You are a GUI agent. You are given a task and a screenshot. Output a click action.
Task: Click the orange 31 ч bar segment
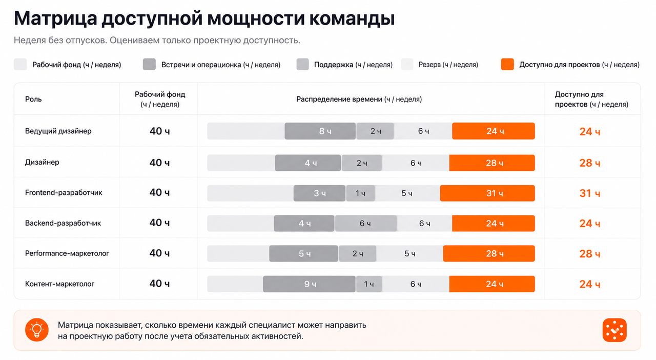tap(487, 193)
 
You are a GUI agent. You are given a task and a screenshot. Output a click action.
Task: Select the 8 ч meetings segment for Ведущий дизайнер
tap(320, 131)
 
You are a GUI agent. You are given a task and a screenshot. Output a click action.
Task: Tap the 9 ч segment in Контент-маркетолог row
tap(309, 284)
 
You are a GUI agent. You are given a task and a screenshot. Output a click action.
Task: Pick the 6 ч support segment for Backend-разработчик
tap(366, 224)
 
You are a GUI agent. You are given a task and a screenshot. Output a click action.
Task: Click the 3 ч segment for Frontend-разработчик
tap(319, 193)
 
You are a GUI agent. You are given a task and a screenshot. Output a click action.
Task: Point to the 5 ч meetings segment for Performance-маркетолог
tap(304, 253)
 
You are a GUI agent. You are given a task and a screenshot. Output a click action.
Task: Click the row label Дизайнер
tap(42, 162)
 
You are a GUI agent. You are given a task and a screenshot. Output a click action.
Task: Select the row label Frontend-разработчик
tap(64, 193)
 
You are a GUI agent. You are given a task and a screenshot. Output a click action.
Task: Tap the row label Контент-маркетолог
tap(60, 284)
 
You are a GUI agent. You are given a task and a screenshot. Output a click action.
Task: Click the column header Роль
tap(33, 99)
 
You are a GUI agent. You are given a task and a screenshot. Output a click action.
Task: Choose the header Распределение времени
tap(339, 99)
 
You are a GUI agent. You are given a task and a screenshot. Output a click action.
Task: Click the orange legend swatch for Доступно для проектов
tap(507, 65)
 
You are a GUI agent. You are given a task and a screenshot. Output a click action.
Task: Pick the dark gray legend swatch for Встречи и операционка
tap(149, 65)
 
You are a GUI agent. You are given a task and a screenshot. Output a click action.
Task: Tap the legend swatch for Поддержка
tap(302, 65)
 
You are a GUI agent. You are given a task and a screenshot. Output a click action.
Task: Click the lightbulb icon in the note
tap(37, 330)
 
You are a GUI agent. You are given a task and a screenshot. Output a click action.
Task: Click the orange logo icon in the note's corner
tap(614, 330)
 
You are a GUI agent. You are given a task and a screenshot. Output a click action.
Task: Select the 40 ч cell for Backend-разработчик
tap(159, 223)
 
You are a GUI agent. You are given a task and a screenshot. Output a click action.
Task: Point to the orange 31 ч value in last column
tap(590, 193)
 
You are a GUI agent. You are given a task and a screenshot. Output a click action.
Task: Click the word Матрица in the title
tap(55, 18)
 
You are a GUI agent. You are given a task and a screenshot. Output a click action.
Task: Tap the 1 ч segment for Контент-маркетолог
tap(369, 284)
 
